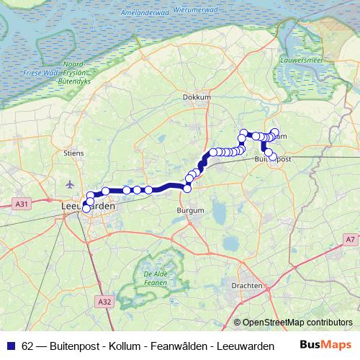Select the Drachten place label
click(246, 285)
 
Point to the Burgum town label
click(190, 210)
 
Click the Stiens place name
click(74, 153)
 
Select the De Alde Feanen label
click(156, 278)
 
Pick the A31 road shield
click(21, 204)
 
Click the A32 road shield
click(104, 302)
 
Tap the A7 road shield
click(349, 239)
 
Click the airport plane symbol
click(68, 184)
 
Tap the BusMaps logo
click(325, 344)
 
